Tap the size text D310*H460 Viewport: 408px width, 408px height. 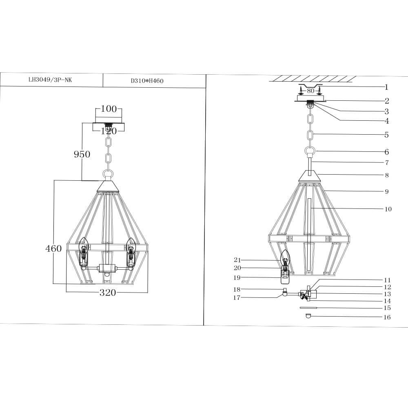[x=147, y=81]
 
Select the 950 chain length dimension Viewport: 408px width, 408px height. [x=82, y=154]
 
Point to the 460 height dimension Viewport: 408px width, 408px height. [x=53, y=248]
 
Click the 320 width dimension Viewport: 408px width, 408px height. [x=108, y=293]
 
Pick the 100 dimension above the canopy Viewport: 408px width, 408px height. [x=109, y=109]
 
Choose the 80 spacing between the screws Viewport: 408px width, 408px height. [x=311, y=91]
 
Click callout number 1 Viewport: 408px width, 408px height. [x=386, y=87]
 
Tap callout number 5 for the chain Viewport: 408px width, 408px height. [x=386, y=135]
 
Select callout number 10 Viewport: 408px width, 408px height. [x=388, y=209]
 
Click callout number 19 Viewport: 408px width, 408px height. [x=237, y=277]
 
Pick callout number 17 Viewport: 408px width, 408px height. [x=237, y=297]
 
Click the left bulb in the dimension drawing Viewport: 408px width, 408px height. [x=84, y=246]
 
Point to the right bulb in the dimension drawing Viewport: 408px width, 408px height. [x=131, y=246]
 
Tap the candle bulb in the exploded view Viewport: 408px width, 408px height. [x=285, y=258]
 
